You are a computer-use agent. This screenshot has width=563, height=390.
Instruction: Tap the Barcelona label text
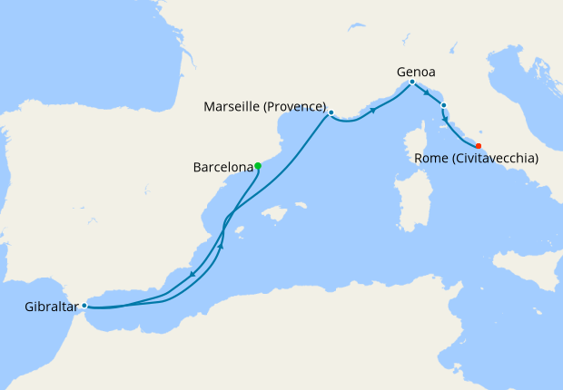[x=222, y=167]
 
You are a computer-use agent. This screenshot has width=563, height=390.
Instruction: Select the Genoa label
[x=417, y=71]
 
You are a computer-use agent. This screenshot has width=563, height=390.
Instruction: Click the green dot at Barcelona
[x=259, y=165]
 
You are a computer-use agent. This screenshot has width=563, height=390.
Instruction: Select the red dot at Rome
[x=479, y=145]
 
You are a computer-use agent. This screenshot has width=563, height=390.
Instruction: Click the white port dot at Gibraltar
[x=84, y=306]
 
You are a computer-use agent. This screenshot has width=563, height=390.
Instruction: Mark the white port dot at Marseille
[x=331, y=112]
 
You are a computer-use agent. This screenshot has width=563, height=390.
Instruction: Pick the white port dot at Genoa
[x=412, y=83]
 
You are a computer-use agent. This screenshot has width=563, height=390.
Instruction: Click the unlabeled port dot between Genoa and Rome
[x=443, y=106]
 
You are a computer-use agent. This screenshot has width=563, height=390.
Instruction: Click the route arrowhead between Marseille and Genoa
[x=372, y=111]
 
